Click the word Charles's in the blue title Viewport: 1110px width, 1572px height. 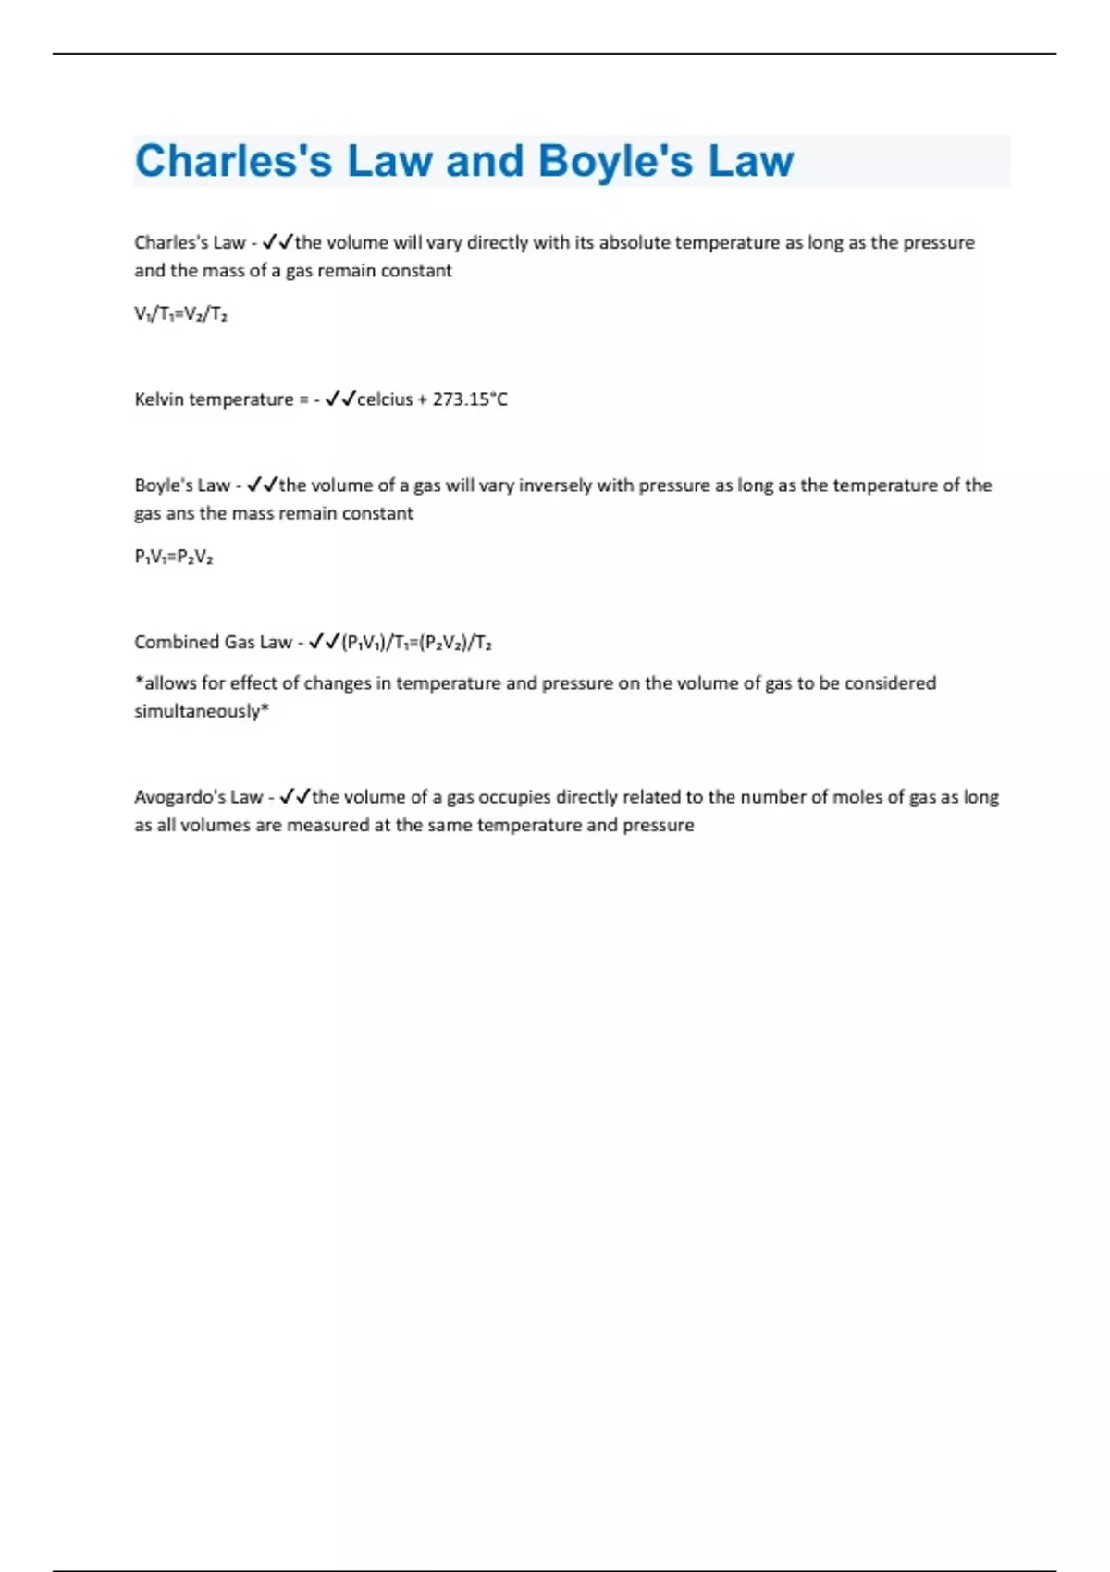(233, 161)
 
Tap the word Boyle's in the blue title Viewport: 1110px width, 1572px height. (615, 161)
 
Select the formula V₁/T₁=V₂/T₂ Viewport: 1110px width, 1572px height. (180, 314)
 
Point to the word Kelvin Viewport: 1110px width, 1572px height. (159, 399)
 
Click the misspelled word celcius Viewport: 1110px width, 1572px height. (385, 399)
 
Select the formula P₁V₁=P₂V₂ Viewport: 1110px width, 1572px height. (174, 557)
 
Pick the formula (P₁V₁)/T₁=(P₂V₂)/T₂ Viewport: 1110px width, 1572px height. (416, 643)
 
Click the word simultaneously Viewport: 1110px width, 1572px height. (199, 711)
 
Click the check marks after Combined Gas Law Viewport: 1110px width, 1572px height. (324, 642)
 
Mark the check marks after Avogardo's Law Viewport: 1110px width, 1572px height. (295, 796)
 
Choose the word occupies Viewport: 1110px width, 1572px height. (513, 797)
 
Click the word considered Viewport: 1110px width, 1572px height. (889, 683)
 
